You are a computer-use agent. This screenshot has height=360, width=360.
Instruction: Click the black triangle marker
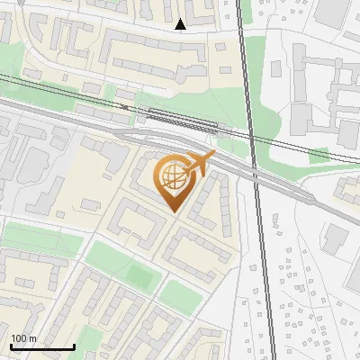182,24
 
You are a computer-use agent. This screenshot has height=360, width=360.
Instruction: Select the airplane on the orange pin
200,163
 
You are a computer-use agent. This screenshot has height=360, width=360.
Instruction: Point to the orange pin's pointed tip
172,211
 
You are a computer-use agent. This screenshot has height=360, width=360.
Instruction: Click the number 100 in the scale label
18,338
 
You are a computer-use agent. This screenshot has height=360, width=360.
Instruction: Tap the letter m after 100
32,338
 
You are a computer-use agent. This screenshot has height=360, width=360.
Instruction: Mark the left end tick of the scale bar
11,346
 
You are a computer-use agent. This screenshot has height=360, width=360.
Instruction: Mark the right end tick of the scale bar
74,346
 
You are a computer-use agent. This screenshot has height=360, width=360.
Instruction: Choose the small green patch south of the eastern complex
319,156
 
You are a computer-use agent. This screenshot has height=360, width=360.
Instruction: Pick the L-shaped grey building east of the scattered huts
335,238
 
